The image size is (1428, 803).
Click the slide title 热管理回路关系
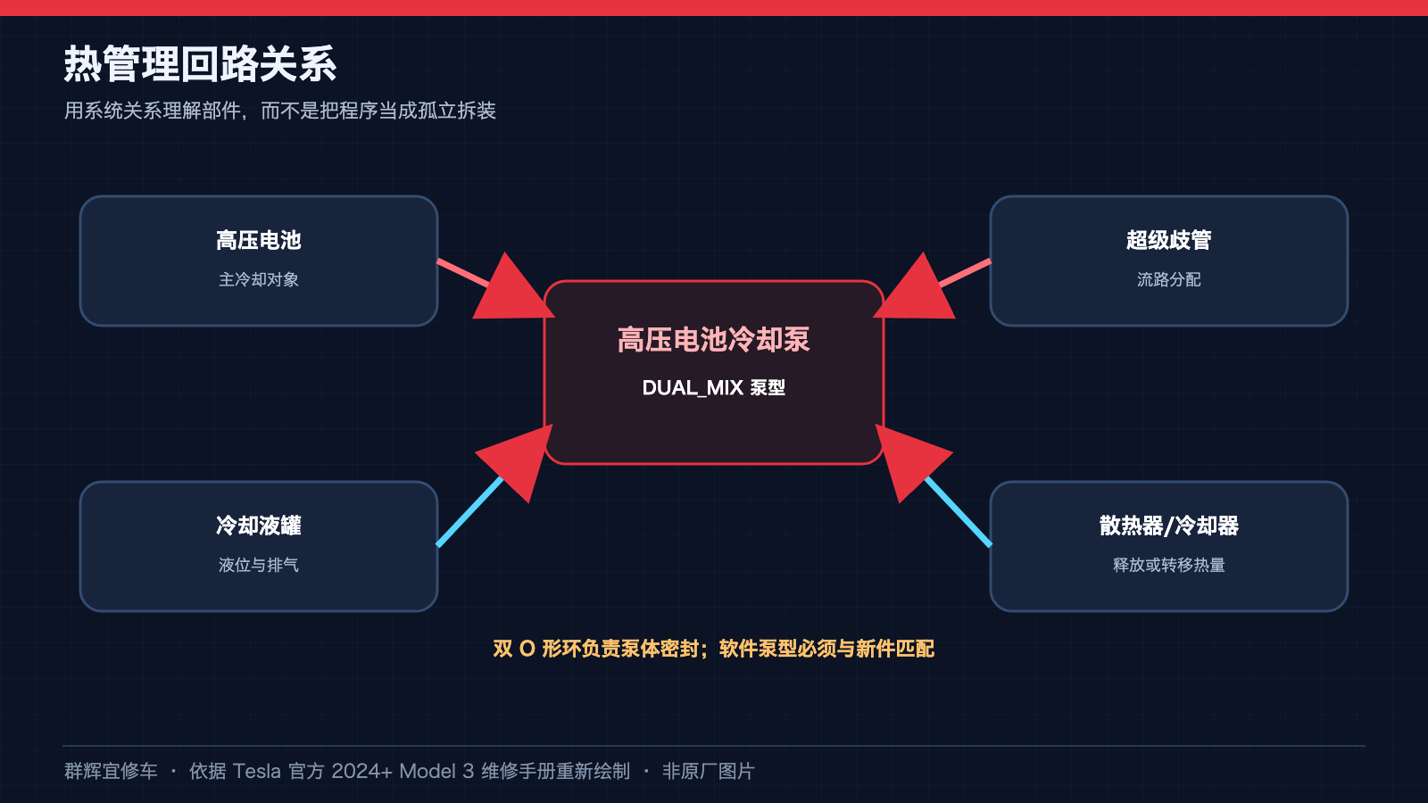[x=200, y=63]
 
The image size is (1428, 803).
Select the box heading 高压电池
[x=258, y=240]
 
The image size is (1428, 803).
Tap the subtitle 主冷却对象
[x=258, y=279]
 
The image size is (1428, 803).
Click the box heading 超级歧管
[x=1168, y=240]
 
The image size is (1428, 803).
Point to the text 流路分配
[x=1168, y=279]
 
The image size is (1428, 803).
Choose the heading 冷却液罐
[x=258, y=526]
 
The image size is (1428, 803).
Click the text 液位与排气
[x=258, y=565]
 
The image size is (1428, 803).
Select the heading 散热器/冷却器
[x=1168, y=526]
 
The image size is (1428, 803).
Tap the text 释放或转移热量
[x=1168, y=565]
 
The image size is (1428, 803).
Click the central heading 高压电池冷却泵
[x=713, y=340]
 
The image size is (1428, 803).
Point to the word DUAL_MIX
[x=693, y=387]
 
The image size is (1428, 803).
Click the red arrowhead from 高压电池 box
[x=510, y=290]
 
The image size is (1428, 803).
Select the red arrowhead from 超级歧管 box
[x=917, y=290]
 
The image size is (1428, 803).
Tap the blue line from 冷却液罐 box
[x=469, y=511]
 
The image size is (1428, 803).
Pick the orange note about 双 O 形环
[x=713, y=649]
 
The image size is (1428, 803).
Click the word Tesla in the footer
[x=256, y=771]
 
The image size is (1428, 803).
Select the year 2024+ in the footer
[x=361, y=771]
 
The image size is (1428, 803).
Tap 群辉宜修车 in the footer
[x=111, y=771]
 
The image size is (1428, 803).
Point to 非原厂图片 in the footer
[x=709, y=771]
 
